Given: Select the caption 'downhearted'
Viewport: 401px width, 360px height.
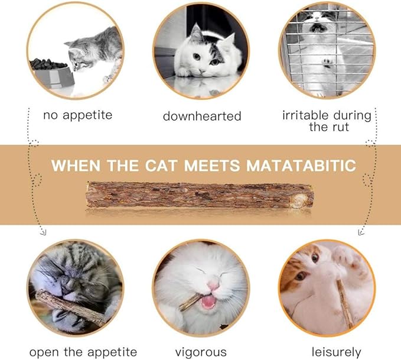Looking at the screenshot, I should (x=202, y=116).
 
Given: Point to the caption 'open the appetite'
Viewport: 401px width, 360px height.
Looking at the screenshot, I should (x=83, y=352).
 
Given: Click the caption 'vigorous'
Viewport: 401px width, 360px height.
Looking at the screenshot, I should (x=201, y=352).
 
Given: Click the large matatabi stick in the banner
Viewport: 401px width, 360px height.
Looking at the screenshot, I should (x=199, y=194).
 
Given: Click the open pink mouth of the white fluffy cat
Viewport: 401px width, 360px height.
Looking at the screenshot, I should (x=207, y=302).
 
